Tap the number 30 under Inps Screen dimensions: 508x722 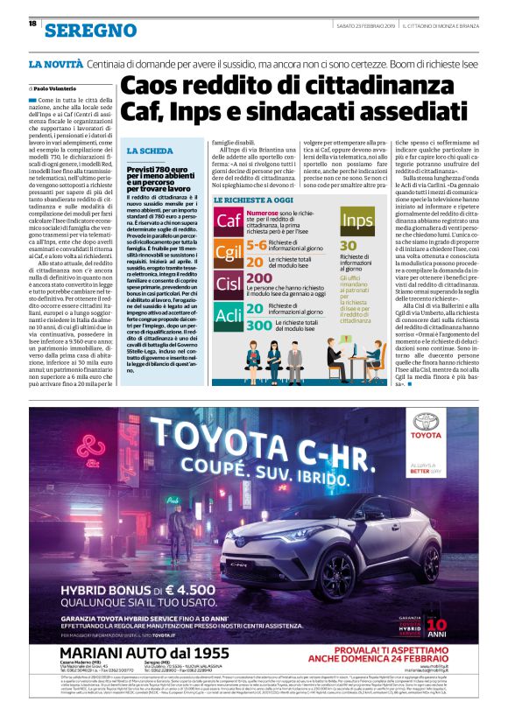point(349,246)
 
